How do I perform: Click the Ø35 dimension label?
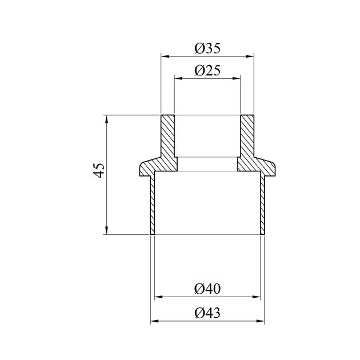click(x=207, y=48)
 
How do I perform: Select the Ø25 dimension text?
click(x=207, y=70)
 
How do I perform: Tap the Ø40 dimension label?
click(x=207, y=289)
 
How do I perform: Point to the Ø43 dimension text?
click(x=207, y=313)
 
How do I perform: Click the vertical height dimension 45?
click(x=99, y=170)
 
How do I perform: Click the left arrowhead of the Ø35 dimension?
click(x=165, y=56)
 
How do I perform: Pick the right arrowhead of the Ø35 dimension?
click(x=250, y=56)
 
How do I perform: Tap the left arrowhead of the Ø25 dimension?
click(x=178, y=78)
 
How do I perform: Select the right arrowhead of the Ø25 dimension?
click(x=236, y=78)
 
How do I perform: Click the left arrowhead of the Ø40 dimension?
click(x=159, y=297)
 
